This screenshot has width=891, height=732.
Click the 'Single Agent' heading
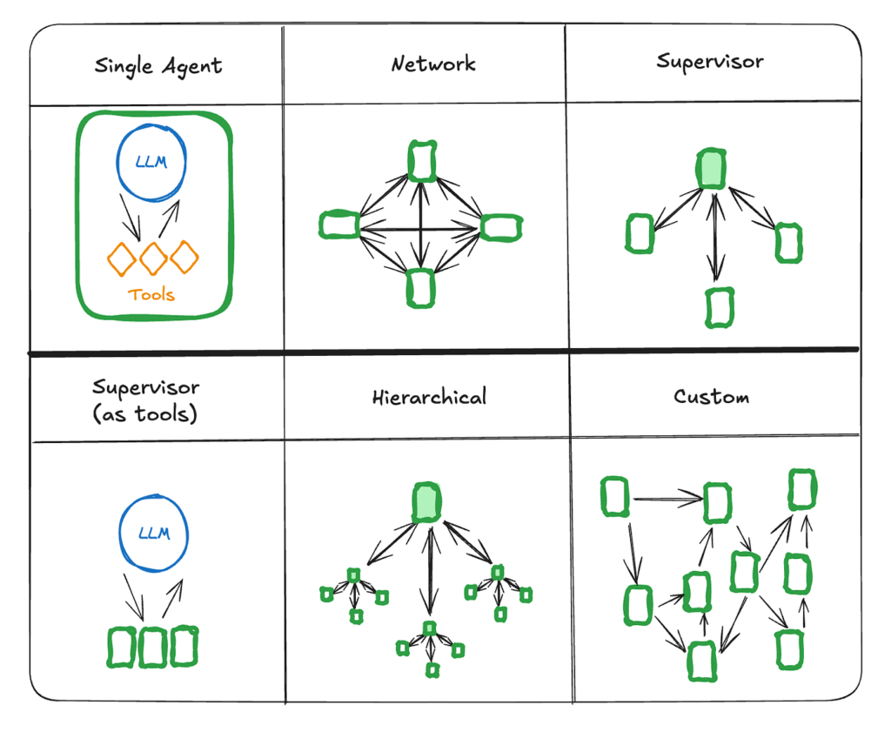[x=157, y=66]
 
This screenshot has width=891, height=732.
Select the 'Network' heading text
[x=433, y=64]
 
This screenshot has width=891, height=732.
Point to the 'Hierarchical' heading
[x=429, y=398]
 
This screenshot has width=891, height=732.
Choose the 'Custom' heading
[x=711, y=397]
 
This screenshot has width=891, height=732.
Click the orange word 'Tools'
[x=151, y=294]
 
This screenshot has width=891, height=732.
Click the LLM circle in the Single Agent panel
[x=152, y=165]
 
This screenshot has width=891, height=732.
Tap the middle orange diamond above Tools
[x=153, y=258]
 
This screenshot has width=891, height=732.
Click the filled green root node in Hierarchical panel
[x=427, y=502]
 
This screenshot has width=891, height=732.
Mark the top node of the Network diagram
[x=422, y=161]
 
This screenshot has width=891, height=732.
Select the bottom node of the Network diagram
[x=420, y=288]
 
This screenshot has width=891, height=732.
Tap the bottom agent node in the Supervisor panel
[x=718, y=307]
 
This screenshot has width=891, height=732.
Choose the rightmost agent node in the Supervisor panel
[x=788, y=241]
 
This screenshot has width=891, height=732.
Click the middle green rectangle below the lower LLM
[x=153, y=647]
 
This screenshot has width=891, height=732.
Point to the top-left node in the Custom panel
[x=615, y=496]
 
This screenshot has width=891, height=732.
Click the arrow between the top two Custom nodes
[x=667, y=499]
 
